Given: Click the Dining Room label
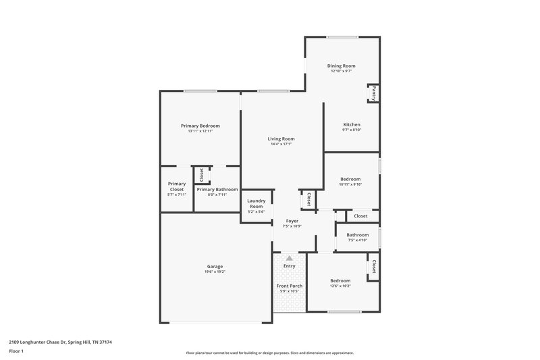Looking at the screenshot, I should click(x=341, y=66).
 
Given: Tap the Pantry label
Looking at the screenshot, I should click(x=373, y=93).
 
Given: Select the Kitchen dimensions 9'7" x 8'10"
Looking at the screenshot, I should click(x=352, y=130).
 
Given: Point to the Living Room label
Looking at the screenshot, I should click(x=281, y=138).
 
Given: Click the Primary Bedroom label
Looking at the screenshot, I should click(x=200, y=126).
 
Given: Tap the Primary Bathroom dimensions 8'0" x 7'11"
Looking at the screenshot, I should click(x=217, y=195).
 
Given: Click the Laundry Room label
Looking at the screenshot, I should click(x=256, y=203).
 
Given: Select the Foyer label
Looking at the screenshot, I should click(x=292, y=221).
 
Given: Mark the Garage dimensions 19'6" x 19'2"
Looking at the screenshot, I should click(x=215, y=272).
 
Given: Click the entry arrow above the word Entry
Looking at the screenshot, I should click(x=290, y=258).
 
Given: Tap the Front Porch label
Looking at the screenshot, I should click(x=290, y=286).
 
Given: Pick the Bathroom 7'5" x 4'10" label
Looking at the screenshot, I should click(x=357, y=235).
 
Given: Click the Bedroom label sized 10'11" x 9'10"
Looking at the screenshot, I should click(x=351, y=179).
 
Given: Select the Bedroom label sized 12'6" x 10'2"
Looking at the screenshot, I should click(x=340, y=280).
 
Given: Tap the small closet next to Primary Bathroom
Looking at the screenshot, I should click(x=201, y=174).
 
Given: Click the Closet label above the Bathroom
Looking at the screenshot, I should click(x=361, y=216).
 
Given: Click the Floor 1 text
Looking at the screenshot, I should click(x=17, y=352).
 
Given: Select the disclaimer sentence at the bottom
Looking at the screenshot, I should click(x=269, y=353).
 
